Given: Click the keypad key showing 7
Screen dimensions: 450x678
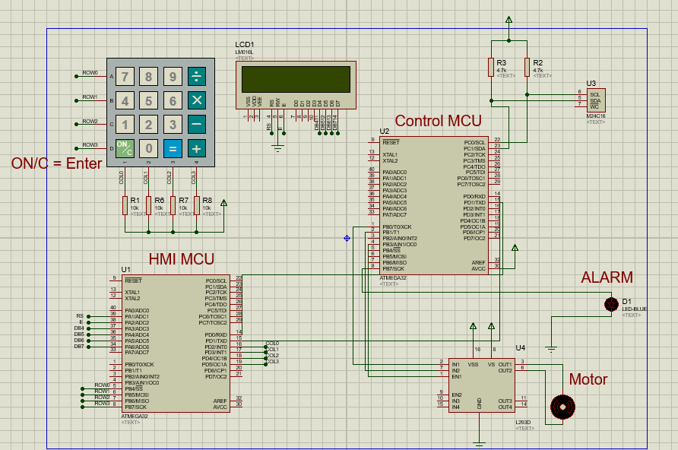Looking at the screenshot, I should click(125, 76).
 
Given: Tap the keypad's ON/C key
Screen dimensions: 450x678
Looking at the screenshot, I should click(125, 148).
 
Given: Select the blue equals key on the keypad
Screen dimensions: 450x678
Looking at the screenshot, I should click(173, 148).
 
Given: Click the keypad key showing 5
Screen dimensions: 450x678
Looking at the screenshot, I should click(149, 100).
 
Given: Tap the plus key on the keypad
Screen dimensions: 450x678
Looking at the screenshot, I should click(197, 148).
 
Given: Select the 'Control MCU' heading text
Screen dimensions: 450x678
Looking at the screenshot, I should click(438, 121).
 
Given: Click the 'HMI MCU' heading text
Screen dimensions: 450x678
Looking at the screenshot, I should click(181, 259).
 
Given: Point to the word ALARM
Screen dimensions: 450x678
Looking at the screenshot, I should click(607, 277).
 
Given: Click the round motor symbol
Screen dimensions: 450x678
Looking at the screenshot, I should click(562, 407).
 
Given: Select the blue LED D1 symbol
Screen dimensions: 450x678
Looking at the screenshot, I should click(610, 304).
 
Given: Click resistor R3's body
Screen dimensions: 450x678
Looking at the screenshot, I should click(491, 68).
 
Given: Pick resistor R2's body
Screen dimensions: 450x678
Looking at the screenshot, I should click(527, 68).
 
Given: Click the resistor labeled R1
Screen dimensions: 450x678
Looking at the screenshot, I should click(125, 205).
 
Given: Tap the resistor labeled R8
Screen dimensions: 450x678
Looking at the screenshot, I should click(197, 205).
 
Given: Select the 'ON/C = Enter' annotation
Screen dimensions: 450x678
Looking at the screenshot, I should click(56, 163).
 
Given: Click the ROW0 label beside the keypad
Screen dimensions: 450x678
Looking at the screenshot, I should click(90, 73).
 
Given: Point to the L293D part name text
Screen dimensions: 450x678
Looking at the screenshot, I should click(523, 422).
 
